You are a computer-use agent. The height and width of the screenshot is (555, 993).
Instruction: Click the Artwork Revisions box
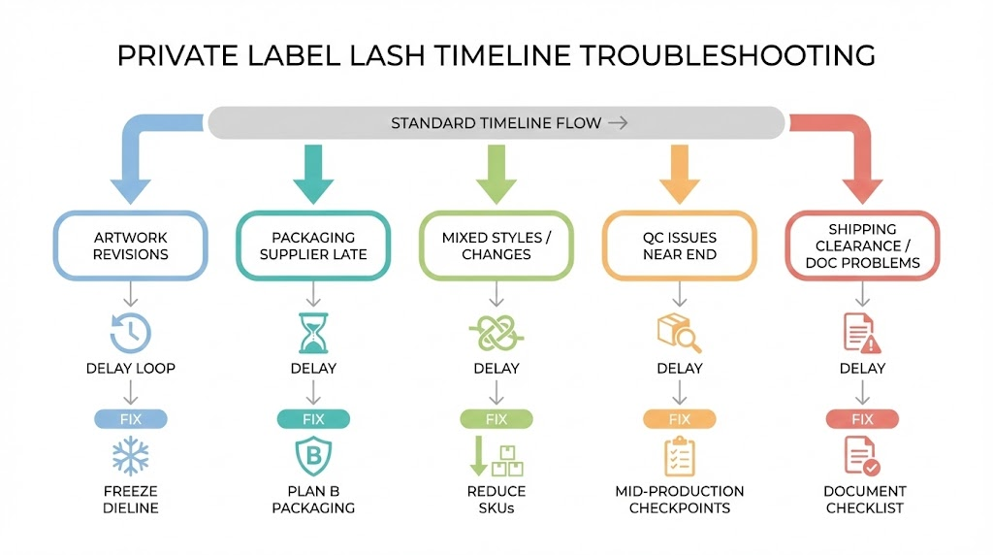131,246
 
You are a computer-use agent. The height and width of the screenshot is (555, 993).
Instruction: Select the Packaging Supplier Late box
313,246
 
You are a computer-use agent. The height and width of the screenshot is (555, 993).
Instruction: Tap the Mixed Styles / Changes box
496,246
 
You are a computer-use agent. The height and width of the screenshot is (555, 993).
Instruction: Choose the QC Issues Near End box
680,246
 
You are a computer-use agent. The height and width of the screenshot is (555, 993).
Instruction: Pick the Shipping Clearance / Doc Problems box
862,246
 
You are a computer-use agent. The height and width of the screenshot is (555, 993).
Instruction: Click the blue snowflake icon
129,456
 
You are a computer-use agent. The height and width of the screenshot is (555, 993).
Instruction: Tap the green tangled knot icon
496,333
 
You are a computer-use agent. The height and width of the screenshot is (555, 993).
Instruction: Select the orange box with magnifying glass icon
680,333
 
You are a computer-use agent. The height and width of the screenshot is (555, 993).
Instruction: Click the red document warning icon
861,333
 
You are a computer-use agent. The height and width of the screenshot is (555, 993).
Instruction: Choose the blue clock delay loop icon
130,333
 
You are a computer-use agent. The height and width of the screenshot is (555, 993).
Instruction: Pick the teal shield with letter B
312,456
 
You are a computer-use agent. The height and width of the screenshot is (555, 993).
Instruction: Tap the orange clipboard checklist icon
679,456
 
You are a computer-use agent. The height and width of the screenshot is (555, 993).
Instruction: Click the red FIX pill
862,419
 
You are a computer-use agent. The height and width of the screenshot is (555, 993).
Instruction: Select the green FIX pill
496,419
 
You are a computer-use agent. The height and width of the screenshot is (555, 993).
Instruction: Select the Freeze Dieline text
130,500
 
